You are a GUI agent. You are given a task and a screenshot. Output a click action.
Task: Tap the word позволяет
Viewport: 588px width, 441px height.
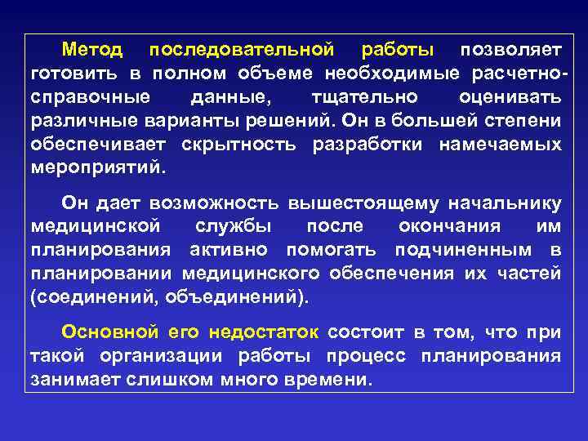[510, 51]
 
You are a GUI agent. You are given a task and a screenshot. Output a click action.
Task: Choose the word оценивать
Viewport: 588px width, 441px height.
[510, 97]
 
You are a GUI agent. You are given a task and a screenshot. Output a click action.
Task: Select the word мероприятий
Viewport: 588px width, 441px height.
[96, 168]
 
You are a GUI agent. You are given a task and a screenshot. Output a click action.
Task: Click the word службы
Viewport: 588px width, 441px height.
[236, 225]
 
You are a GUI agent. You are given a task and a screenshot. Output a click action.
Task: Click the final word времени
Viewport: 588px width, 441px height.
[326, 379]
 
